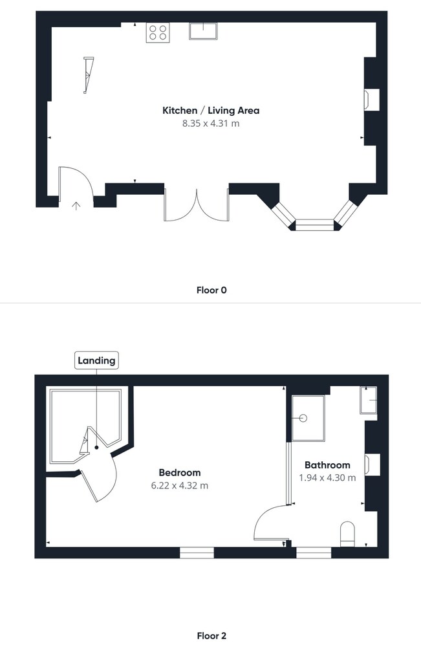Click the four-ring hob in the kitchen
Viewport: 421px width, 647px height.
pos(158,32)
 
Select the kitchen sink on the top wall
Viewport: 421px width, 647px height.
pos(203,31)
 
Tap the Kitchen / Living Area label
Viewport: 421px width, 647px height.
pos(211,111)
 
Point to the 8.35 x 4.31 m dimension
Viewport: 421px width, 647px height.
pos(211,124)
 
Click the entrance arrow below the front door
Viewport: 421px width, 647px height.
pos(76,206)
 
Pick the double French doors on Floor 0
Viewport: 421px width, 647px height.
pos(197,205)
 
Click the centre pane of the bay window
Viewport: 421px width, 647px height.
pos(314,225)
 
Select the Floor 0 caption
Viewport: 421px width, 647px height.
pos(211,290)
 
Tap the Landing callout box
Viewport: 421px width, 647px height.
pos(96,360)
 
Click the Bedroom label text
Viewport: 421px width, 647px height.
pos(180,472)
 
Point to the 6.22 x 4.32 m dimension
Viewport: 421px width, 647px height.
pos(180,486)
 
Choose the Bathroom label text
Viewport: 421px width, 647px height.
pos(327,465)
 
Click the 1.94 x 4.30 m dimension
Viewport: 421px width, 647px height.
pos(327,478)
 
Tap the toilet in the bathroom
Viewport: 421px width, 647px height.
pos(348,534)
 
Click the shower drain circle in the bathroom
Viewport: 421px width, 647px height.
pos(303,418)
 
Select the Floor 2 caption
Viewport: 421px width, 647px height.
pos(211,636)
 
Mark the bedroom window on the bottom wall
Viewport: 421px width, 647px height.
pos(197,553)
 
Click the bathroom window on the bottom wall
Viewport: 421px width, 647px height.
pos(314,553)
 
